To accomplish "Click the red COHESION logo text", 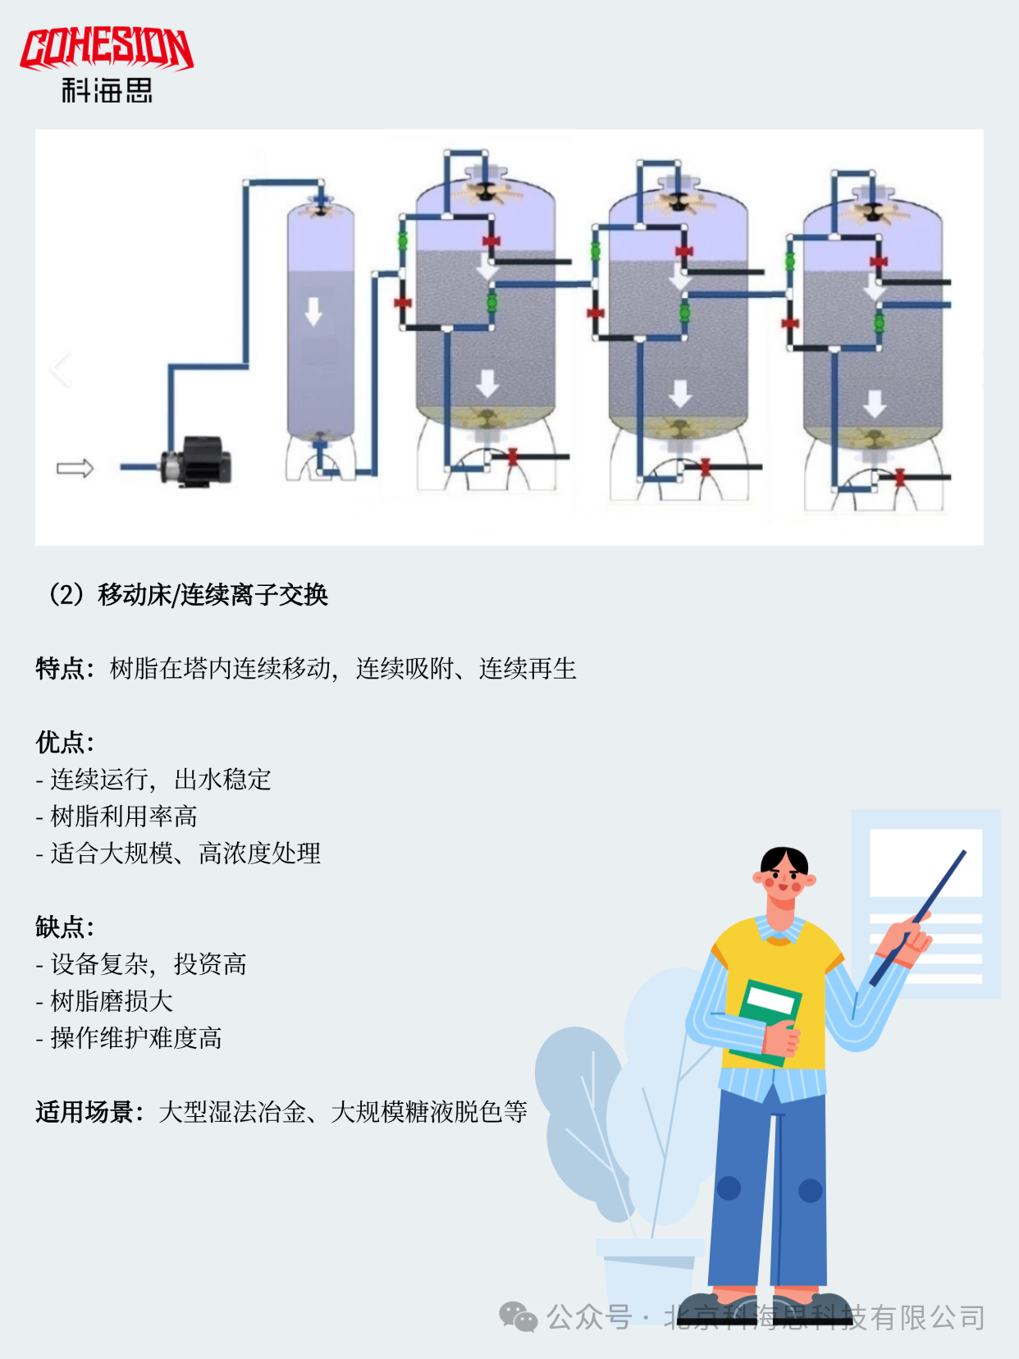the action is (x=107, y=49).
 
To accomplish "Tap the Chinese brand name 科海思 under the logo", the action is (x=107, y=90).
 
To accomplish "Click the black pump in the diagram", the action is (x=196, y=460).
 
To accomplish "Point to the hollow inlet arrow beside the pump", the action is (x=75, y=468).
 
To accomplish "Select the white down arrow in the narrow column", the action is (x=313, y=312).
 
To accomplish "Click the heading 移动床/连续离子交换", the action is (x=212, y=595).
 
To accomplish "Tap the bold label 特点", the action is (x=59, y=669).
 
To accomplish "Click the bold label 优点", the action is (x=59, y=743).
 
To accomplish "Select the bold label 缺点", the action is (x=59, y=927).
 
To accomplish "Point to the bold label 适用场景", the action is (x=85, y=1112).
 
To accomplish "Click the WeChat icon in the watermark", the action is (x=518, y=1317).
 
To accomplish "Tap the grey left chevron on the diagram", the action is (x=60, y=369).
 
